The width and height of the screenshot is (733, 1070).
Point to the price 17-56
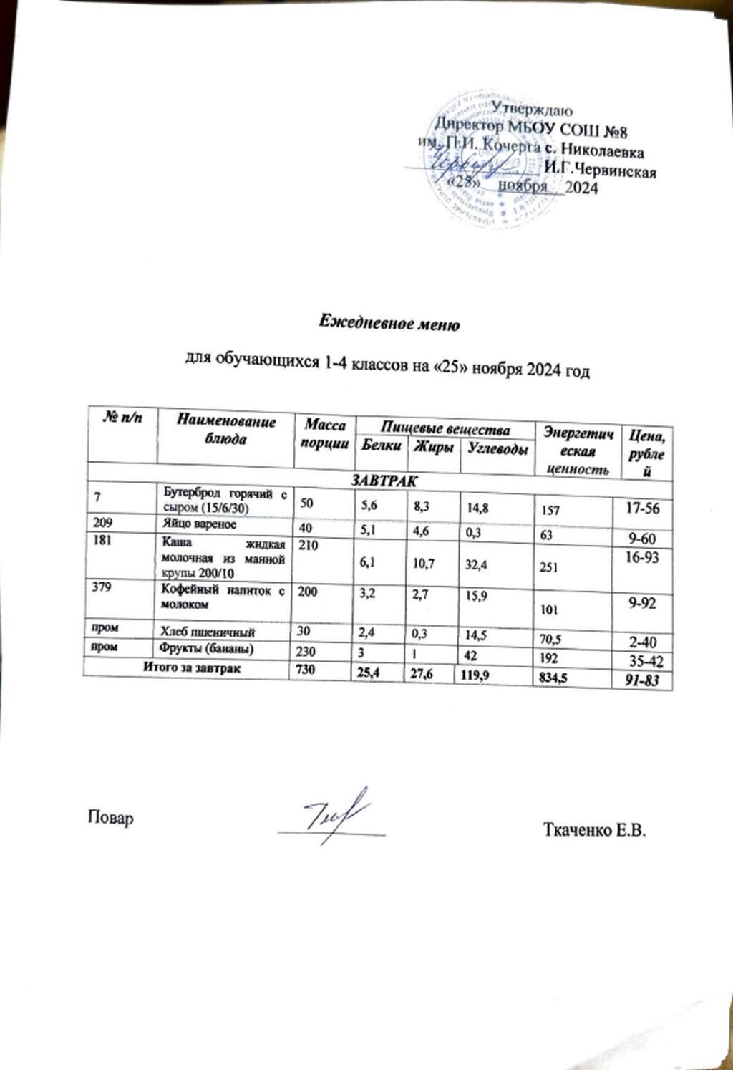[639, 509]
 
